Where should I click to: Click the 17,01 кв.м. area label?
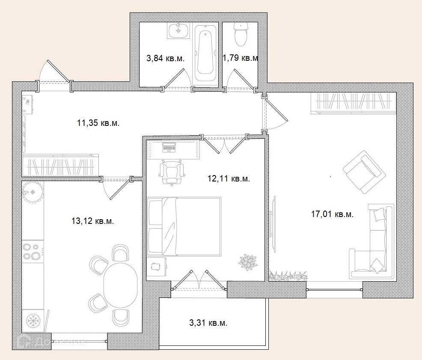coord(333,214)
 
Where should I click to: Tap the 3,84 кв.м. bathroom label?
coord(166,58)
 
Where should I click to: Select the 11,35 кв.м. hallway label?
coord(98,123)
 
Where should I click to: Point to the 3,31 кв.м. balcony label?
coord(208,323)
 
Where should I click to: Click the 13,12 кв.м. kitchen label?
coord(92,221)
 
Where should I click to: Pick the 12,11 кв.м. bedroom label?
coord(229,178)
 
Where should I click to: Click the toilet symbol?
coord(241,34)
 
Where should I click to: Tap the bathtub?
coord(205,54)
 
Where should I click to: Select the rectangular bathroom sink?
coord(178,31)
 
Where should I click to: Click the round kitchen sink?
coord(33,192)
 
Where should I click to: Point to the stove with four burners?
coord(32,252)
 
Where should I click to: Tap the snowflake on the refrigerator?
coord(33,321)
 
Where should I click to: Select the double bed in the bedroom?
coord(184,226)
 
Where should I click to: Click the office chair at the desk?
coord(172,173)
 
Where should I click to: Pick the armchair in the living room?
coord(362,172)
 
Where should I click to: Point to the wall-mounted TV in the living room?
coord(273,224)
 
